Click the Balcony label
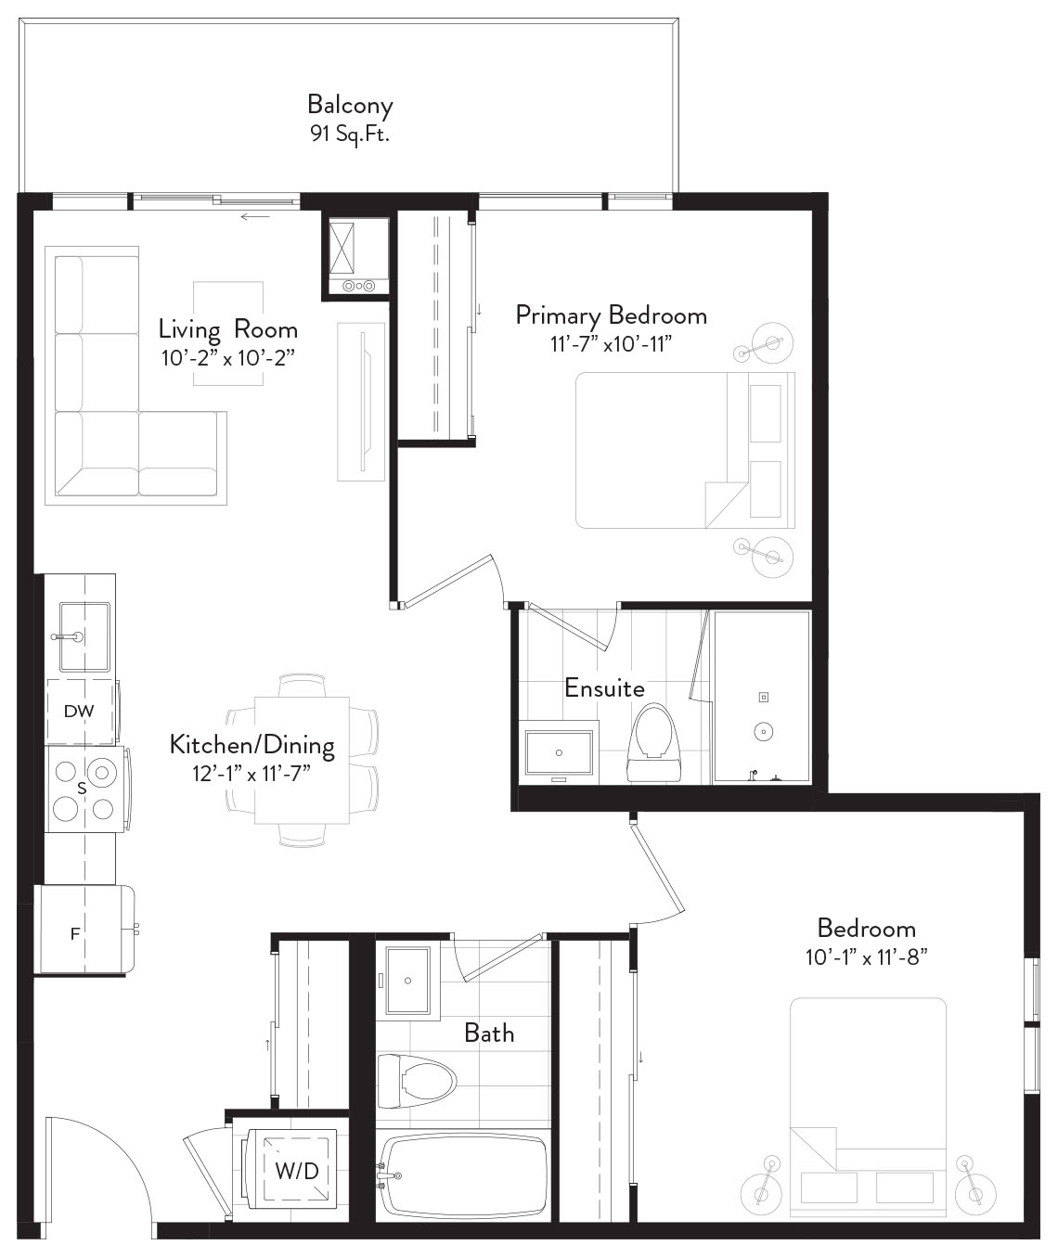350,106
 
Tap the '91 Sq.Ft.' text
350,134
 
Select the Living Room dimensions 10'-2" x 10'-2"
228,358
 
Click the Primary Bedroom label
612,315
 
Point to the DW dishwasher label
79,711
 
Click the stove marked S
84,789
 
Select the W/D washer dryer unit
290,1171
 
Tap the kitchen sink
84,636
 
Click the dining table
302,761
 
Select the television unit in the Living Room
361,402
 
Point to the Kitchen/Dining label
252,745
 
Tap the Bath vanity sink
408,981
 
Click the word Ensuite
605,688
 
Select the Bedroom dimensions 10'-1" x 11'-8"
866,957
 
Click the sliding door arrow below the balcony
255,217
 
